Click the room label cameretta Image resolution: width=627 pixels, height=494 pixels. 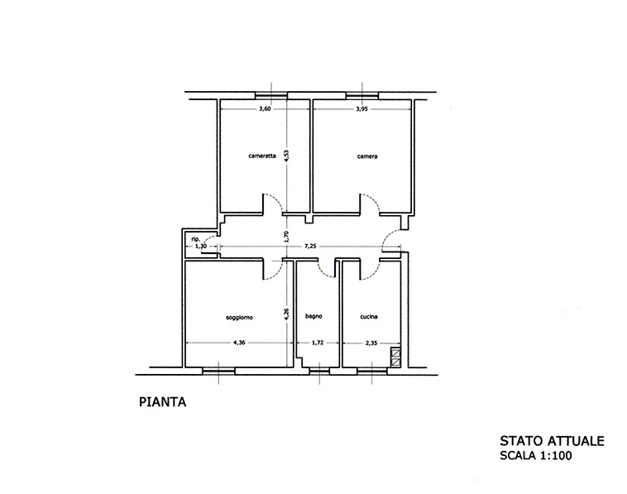click(262, 156)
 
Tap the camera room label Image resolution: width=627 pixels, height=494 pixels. click(367, 156)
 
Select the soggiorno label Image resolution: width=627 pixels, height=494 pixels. click(239, 318)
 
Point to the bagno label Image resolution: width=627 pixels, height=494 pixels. click(313, 316)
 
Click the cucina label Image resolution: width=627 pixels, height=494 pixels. click(369, 317)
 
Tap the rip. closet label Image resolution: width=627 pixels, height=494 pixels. click(195, 239)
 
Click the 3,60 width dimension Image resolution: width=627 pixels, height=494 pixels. click(266, 108)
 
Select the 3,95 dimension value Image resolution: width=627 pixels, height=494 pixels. click(361, 108)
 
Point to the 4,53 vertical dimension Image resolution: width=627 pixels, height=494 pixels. click(286, 156)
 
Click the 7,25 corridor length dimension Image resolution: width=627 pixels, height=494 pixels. click(310, 247)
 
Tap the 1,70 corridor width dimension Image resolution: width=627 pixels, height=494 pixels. click(286, 237)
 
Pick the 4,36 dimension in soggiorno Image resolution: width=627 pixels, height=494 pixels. click(239, 343)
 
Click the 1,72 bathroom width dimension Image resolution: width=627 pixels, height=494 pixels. click(317, 343)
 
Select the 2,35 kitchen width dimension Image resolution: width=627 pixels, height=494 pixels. click(371, 343)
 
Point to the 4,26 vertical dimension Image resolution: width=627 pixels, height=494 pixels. click(286, 314)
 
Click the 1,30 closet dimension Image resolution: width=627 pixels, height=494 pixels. click(200, 247)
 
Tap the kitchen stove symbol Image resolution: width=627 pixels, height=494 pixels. click(395, 358)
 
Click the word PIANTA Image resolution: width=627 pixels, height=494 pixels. click(163, 402)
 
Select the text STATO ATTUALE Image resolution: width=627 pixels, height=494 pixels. click(553, 441)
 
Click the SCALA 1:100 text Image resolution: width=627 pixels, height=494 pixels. click(536, 455)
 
